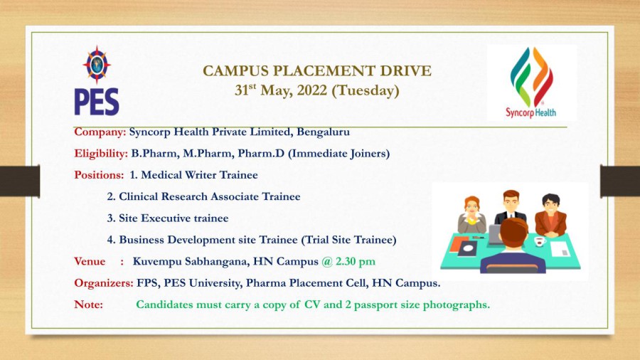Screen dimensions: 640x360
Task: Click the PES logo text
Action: [97, 102]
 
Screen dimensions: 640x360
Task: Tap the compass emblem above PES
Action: [97, 65]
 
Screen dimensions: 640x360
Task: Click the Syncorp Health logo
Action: [531, 83]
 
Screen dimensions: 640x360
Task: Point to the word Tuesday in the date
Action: [366, 90]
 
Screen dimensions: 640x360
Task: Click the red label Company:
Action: [100, 132]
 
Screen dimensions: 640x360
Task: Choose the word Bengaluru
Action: [324, 132]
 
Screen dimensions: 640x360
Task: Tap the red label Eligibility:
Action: [101, 154]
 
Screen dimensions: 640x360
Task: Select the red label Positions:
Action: [99, 175]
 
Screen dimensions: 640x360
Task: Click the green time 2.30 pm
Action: [355, 261]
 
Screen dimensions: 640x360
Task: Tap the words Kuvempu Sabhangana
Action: [191, 262]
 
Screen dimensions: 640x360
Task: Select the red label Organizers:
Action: [104, 283]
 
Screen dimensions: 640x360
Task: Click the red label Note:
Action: [89, 305]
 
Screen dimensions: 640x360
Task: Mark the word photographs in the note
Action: [456, 305]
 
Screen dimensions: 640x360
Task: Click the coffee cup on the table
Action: [540, 240]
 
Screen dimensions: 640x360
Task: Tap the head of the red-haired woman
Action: [472, 206]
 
